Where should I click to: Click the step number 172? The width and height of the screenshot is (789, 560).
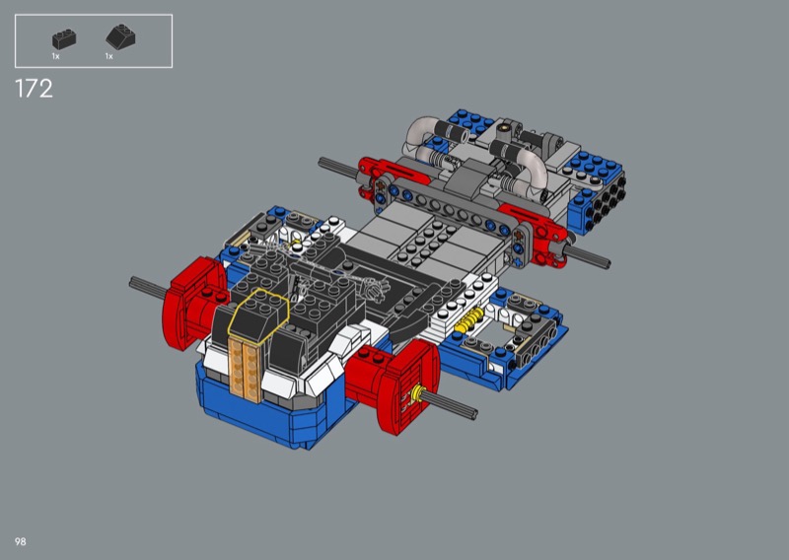pyautogui.click(x=34, y=89)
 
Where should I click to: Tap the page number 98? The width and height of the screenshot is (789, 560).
pyautogui.click(x=20, y=541)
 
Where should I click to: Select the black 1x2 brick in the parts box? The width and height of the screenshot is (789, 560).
pyautogui.click(x=64, y=39)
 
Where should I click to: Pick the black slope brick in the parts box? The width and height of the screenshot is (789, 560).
pyautogui.click(x=120, y=37)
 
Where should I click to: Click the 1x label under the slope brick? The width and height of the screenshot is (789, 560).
pyautogui.click(x=108, y=56)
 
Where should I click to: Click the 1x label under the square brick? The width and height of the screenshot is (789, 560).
pyautogui.click(x=55, y=56)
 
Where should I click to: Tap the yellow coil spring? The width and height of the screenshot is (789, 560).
pyautogui.click(x=467, y=320)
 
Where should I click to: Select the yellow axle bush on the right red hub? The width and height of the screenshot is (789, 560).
pyautogui.click(x=415, y=394)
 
